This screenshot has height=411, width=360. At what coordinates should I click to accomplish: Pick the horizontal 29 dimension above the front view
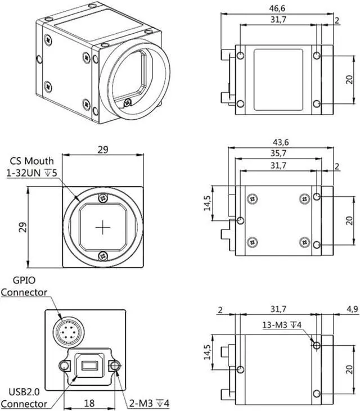click(x=102, y=149)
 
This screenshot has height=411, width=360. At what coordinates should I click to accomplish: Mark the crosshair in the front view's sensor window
click(x=102, y=227)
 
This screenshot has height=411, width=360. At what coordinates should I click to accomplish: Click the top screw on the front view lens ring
click(x=102, y=198)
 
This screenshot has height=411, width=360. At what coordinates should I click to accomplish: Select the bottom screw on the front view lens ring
click(x=102, y=256)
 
